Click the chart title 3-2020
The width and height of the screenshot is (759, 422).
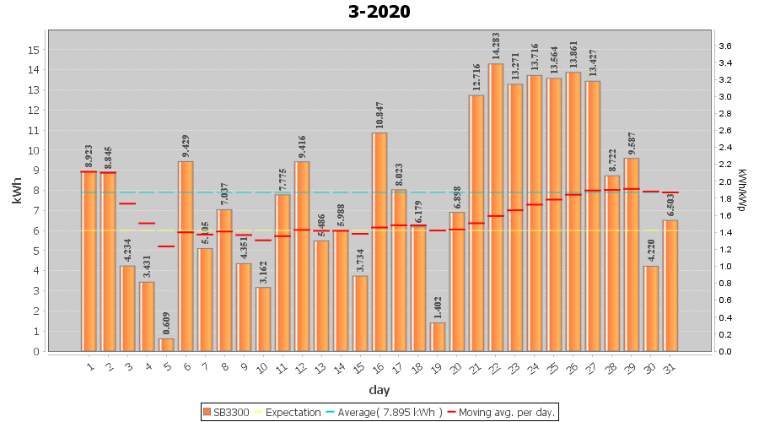tap(379, 12)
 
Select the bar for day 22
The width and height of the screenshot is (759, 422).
tap(496, 207)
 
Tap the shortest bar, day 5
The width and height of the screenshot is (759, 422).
tap(167, 344)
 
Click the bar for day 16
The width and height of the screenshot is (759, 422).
tap(379, 241)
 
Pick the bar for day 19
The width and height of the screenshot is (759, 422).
tap(438, 337)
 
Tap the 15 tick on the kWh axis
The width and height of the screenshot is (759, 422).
tap(35, 50)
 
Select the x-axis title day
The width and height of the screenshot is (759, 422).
tap(379, 390)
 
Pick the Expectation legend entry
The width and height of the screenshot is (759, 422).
tap(288, 412)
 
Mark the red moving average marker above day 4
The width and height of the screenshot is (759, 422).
tap(148, 224)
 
